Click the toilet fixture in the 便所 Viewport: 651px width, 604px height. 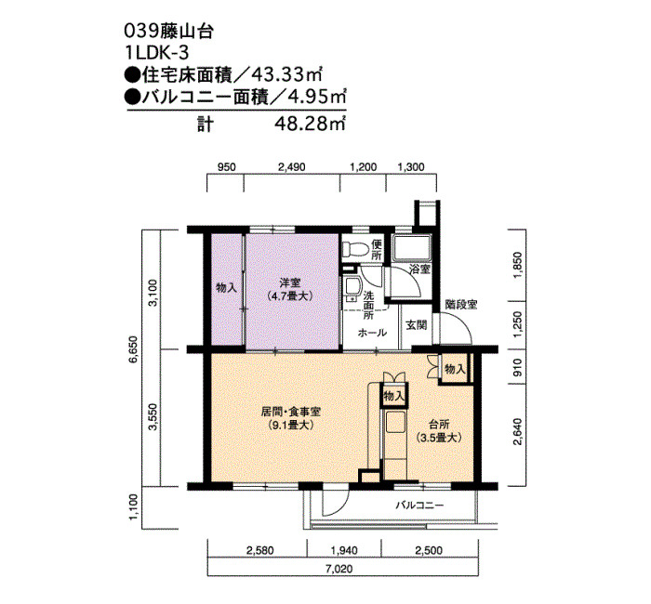355,249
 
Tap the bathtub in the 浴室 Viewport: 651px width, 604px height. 412,248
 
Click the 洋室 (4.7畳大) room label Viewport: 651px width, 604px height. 289,290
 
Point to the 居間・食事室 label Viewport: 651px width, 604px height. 290,412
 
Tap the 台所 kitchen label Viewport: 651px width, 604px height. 439,425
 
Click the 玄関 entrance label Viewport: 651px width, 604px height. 416,324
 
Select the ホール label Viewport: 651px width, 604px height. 372,333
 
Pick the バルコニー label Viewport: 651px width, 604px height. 419,506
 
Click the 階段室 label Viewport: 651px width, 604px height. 461,305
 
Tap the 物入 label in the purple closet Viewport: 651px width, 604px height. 226,287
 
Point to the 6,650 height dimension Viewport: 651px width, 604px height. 132,348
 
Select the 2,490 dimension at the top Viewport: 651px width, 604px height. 291,167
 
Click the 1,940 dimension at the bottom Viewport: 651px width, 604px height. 344,550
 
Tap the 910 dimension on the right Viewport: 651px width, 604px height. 518,368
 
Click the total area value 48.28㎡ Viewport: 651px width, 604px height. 310,124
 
